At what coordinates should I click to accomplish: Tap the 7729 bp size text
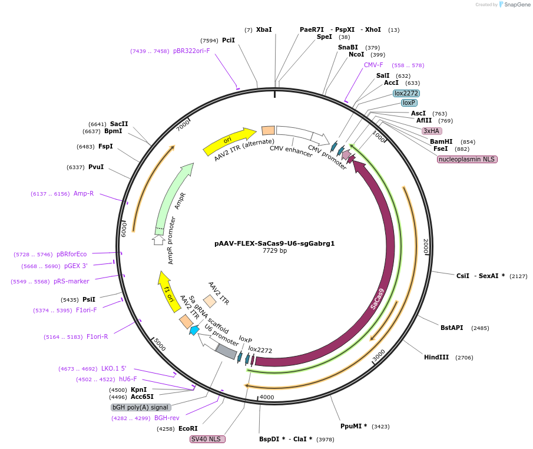point(274,250)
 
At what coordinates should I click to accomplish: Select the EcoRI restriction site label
point(188,428)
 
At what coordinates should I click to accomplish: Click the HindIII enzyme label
point(436,357)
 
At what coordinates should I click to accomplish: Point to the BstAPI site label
point(452,328)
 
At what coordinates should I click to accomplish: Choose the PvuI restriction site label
point(95,167)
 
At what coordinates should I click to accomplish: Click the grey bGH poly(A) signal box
point(141,407)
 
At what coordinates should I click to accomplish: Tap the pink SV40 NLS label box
point(207,439)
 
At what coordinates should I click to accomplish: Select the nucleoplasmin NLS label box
point(467,159)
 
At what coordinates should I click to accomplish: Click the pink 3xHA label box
point(432,131)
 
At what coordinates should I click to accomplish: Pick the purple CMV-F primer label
point(373,65)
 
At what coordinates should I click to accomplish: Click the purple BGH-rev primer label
point(167,418)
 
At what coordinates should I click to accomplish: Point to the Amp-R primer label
point(84,193)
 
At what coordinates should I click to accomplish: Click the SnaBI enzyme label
point(347,47)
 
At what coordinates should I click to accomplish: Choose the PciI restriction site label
point(229,40)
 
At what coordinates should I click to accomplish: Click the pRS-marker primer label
point(71,281)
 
